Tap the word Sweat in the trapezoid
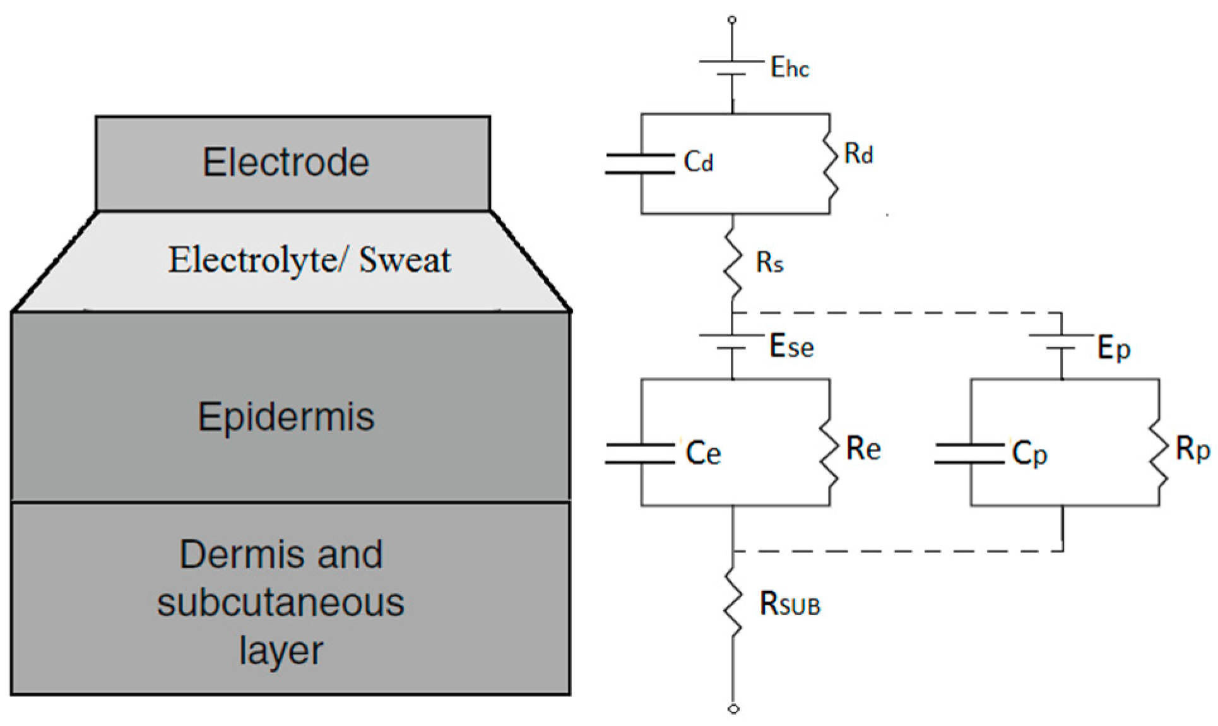click(405, 260)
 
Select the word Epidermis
click(286, 417)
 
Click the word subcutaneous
click(280, 602)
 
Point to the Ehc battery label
click(789, 68)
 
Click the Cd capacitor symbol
click(640, 163)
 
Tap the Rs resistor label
click(769, 263)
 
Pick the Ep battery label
click(1114, 348)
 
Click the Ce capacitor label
click(703, 453)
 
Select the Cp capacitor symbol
click(969, 454)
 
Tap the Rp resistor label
click(1193, 449)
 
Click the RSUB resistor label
click(789, 604)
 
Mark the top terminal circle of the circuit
click(732, 20)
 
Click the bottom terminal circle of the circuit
click(733, 709)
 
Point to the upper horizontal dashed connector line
click(896, 312)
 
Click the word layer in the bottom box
click(281, 650)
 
